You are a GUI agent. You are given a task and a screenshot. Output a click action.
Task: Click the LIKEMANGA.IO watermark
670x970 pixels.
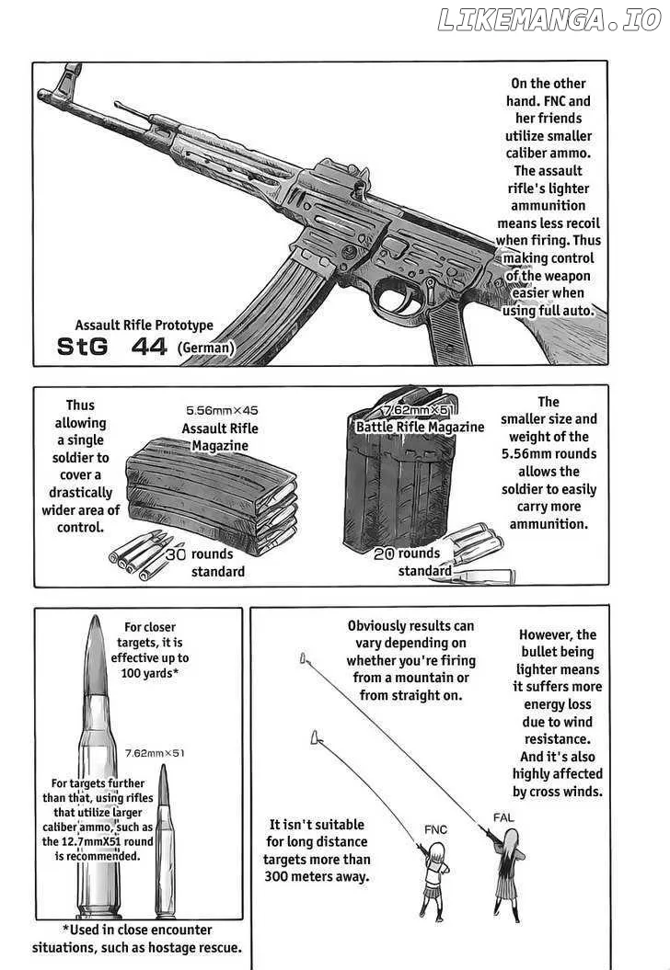pos(549,20)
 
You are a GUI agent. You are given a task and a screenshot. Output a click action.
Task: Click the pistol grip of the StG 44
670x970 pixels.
pos(448,331)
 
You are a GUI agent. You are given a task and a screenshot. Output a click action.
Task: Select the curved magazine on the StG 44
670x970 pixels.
pos(266,303)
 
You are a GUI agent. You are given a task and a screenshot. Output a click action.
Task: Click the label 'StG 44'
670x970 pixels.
pos(111,347)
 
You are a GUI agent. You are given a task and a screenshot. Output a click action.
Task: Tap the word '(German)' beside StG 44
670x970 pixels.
pos(206,348)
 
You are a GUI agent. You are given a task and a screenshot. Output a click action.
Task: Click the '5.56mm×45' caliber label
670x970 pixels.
pos(222,410)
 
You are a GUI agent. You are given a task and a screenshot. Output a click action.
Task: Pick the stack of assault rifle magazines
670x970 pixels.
pos(212,494)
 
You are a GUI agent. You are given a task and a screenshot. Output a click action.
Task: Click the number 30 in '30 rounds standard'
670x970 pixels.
pos(175,553)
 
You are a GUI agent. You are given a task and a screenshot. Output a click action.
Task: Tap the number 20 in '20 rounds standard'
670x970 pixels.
pos(384,553)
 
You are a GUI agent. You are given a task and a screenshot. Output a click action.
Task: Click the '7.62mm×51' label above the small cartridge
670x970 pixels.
pos(155,753)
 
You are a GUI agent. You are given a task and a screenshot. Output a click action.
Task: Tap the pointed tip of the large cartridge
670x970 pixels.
pos(95,617)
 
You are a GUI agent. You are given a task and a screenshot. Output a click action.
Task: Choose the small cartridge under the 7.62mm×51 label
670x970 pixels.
pos(165,841)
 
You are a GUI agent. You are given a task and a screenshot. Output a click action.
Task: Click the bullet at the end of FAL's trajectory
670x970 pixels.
pos(303,657)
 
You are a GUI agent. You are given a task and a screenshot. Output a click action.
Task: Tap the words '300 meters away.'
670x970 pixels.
pos(317,876)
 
